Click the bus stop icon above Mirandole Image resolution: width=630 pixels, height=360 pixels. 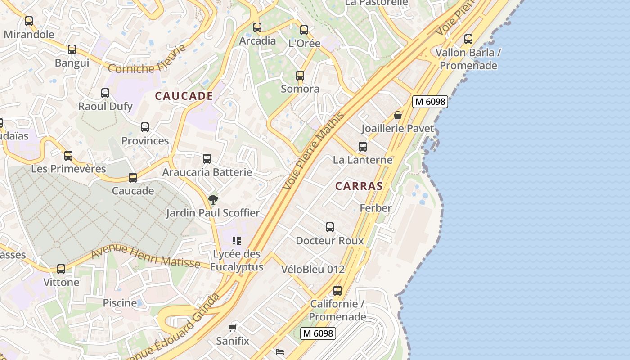pos(29,21)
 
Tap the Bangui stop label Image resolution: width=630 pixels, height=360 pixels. pos(72,63)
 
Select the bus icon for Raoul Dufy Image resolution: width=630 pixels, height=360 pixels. pos(105,93)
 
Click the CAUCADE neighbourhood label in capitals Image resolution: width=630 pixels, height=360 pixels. pos(184,96)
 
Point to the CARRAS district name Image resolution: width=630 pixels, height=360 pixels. pos(359,186)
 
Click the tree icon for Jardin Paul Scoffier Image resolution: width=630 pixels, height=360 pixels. pos(213,199)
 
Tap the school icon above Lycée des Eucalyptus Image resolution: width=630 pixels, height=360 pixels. pos(237,241)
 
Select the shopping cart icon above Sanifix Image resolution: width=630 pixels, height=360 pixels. pos(233,328)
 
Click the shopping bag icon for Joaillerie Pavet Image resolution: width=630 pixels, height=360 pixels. pos(398,116)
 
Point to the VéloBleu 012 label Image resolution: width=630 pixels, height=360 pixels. pos(313,270)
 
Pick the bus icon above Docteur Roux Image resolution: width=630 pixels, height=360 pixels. pos(330,227)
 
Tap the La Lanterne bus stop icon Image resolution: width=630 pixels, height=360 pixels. pos(363,147)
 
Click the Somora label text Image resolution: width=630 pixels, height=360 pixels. pos(300,89)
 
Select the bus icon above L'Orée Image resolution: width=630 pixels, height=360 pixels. pos(304,30)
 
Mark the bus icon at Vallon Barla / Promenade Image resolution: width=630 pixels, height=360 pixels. pos(468,39)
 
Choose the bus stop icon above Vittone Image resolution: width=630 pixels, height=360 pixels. pos(61,269)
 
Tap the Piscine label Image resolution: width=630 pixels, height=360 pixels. pos(120,303)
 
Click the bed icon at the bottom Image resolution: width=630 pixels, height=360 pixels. pos(279,351)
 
